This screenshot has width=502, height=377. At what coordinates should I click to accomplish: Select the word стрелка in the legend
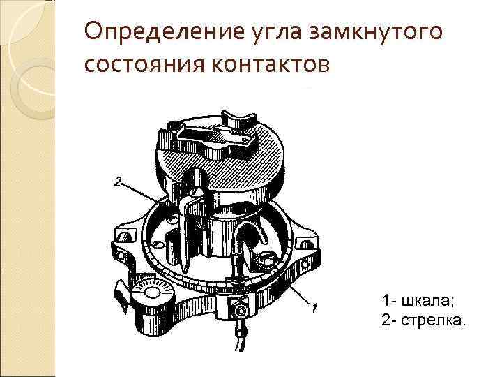pos(432,320)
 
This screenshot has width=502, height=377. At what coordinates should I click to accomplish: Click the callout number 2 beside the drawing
pos(118,182)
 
